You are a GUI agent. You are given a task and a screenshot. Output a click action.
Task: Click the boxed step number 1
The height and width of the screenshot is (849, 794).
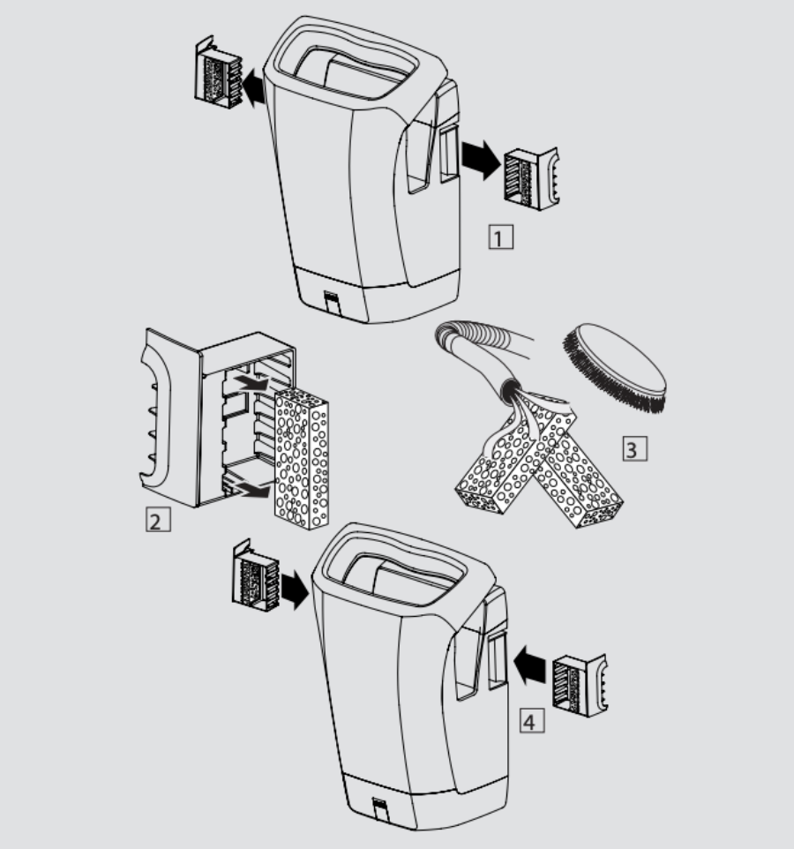tap(500, 237)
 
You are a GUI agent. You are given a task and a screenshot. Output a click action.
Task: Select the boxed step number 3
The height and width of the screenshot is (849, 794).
tap(634, 449)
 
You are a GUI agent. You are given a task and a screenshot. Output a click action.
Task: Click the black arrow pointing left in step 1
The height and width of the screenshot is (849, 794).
tap(253, 88)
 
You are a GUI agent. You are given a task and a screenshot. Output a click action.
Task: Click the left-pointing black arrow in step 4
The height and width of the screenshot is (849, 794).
tap(529, 665)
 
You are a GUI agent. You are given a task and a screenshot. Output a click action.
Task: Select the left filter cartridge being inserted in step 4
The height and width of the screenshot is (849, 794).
tap(255, 575)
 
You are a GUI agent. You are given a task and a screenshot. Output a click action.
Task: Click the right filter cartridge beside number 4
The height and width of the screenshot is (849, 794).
tap(580, 686)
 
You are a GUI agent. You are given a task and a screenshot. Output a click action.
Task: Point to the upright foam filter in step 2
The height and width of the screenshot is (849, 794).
tap(302, 459)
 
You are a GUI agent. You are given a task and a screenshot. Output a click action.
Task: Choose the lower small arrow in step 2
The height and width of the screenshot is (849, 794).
tap(251, 490)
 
